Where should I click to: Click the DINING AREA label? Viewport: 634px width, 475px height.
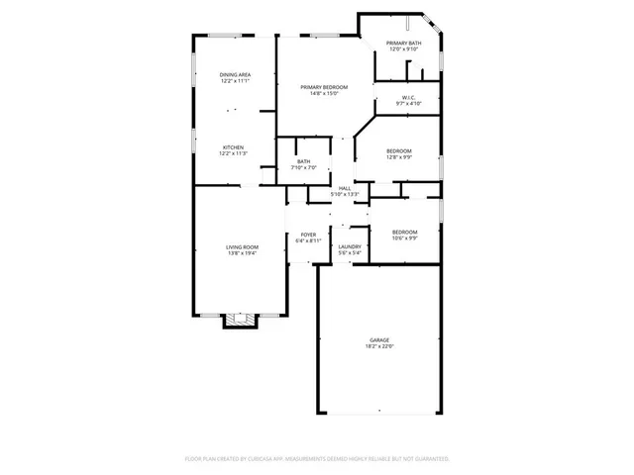click(234, 75)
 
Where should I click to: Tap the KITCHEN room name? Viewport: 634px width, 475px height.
click(233, 146)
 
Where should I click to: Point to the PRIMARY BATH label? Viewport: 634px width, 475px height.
click(404, 44)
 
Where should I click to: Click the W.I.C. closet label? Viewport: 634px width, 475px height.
click(407, 97)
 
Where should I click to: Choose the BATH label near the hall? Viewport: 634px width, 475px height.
click(303, 161)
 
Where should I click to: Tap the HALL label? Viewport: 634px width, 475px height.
click(345, 188)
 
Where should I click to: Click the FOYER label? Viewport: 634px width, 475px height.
click(308, 235)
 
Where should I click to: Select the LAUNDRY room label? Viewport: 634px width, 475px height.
click(349, 246)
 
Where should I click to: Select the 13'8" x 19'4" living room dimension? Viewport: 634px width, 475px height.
click(242, 253)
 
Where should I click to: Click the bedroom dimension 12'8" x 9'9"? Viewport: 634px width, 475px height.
click(399, 156)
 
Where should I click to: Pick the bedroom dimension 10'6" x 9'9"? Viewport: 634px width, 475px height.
click(404, 237)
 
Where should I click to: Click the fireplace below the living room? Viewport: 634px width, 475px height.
click(239, 320)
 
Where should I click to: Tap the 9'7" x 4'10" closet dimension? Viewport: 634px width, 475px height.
click(407, 103)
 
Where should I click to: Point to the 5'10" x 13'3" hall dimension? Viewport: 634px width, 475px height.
click(345, 194)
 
